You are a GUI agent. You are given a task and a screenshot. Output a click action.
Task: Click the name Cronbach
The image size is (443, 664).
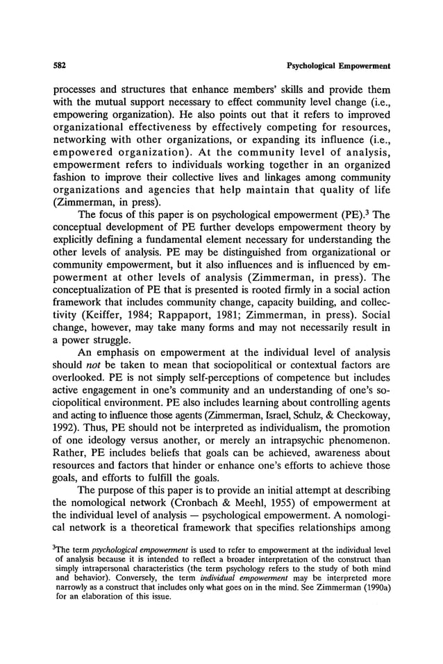pos(190,513)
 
